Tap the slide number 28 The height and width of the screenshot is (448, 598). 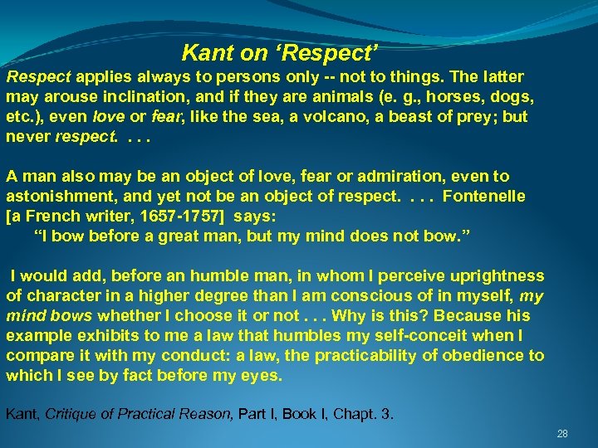(562, 434)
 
